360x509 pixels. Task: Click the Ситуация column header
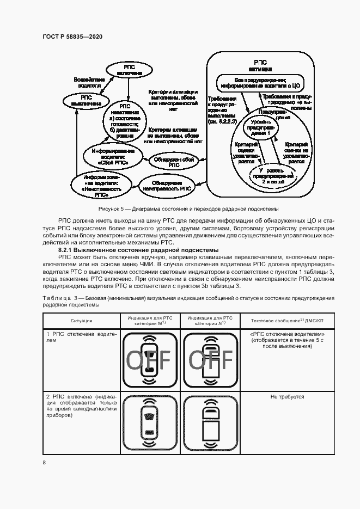click(81, 321)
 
